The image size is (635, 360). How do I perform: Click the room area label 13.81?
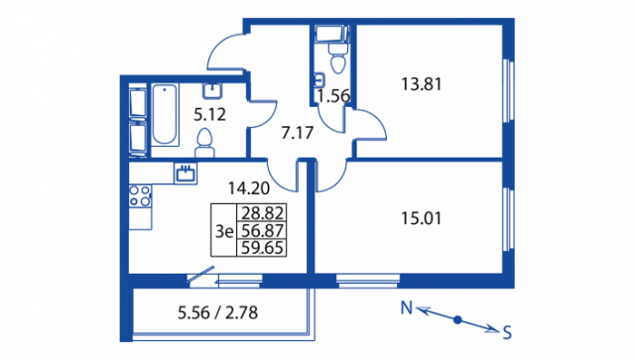[421, 84]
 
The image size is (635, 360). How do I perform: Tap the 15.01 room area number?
[421, 218]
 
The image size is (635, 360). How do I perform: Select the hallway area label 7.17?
[298, 133]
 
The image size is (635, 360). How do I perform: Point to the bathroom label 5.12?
[209, 115]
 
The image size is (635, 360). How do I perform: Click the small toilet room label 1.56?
[333, 96]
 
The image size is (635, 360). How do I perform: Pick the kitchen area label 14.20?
[249, 188]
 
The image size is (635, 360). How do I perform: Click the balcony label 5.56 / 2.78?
[218, 313]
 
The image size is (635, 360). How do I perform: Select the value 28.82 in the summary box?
[262, 212]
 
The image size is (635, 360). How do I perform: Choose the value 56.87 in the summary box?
[262, 231]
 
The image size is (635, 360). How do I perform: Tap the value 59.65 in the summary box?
[262, 248]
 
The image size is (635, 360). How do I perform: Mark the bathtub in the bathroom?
[165, 115]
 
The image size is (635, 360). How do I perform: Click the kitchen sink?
[186, 174]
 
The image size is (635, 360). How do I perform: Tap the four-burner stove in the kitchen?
[140, 196]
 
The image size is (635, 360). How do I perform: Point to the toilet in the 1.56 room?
[338, 59]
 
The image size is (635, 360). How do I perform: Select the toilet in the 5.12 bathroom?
[204, 144]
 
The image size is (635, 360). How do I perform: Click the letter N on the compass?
[407, 308]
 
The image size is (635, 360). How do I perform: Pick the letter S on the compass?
[507, 333]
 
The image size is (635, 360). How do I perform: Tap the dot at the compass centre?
[457, 320]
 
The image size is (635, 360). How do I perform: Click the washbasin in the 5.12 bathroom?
[212, 90]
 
